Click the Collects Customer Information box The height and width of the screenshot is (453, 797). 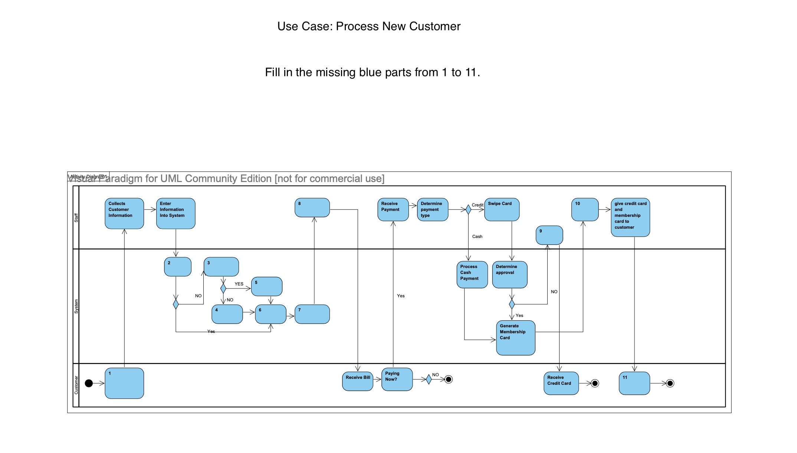coord(124,213)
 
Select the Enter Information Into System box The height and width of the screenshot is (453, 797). coord(176,213)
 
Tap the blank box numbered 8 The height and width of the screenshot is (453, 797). coord(312,208)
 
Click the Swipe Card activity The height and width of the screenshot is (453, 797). coord(502,209)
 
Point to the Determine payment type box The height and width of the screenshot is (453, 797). coord(432,209)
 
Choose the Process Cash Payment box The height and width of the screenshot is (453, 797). coord(472,275)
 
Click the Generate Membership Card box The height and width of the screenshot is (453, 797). coord(515,338)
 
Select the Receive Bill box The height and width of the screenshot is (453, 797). coord(357,381)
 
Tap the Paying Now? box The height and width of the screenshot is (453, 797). coord(397,379)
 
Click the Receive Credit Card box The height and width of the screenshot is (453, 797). coord(561,383)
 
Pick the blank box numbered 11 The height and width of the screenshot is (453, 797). coord(634,383)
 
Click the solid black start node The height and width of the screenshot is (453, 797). coord(89,383)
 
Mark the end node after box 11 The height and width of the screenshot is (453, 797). coord(670,383)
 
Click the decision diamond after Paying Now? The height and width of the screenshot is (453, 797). coord(429,379)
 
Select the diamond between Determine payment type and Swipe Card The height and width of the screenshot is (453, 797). coord(468,210)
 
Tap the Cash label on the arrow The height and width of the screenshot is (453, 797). coord(477,237)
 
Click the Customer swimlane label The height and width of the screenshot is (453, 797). coord(76,385)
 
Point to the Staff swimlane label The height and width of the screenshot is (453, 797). coord(76,218)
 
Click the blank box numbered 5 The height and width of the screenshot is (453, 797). coord(266,287)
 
